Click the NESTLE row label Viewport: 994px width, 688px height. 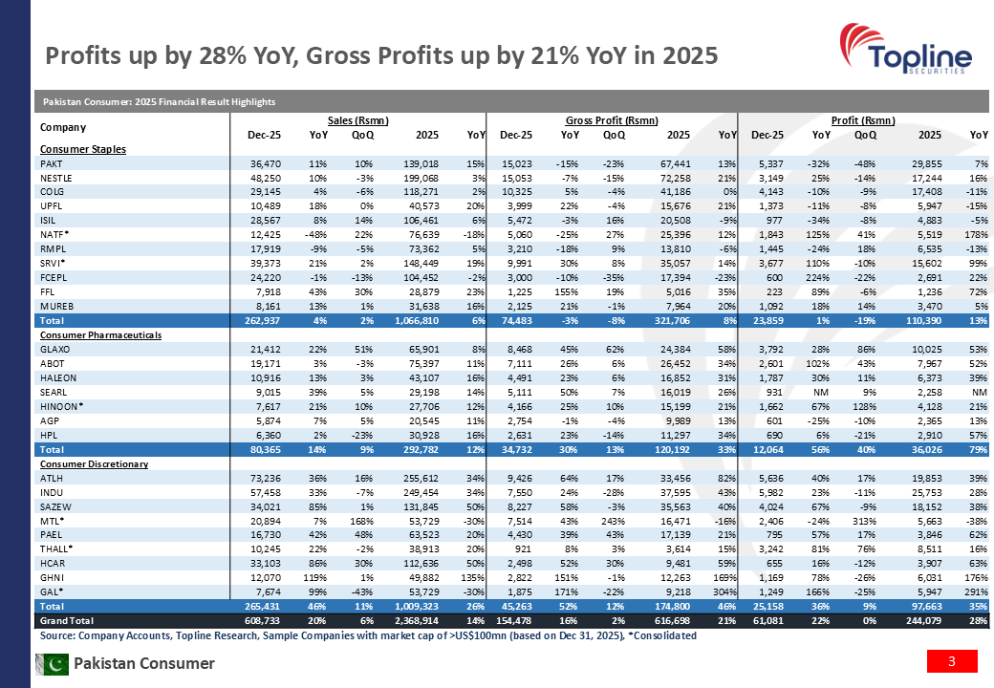pyautogui.click(x=55, y=179)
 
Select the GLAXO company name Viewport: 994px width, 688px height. pyautogui.click(x=54, y=350)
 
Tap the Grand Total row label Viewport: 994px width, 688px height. pyautogui.click(x=64, y=621)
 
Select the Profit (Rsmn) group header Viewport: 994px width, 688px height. pyautogui.click(x=863, y=120)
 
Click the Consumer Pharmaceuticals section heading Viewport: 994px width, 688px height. pyautogui.click(x=100, y=336)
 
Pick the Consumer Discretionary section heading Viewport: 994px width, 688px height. pyautogui.click(x=95, y=463)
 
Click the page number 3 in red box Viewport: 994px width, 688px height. pyautogui.click(x=951, y=661)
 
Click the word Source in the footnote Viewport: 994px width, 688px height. pyautogui.click(x=58, y=635)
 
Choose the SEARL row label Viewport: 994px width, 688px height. pyautogui.click(x=53, y=392)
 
